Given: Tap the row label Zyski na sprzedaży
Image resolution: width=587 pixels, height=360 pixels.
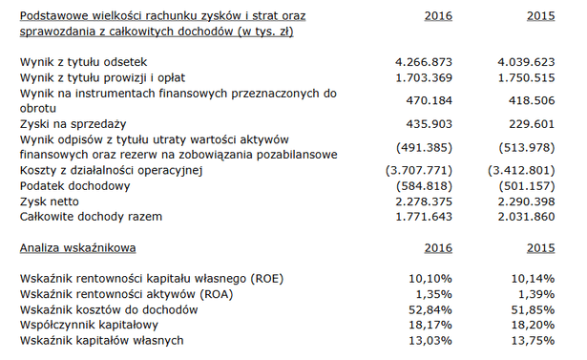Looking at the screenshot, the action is [x=72, y=124].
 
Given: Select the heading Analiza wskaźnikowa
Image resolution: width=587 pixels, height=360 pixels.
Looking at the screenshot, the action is [x=77, y=248].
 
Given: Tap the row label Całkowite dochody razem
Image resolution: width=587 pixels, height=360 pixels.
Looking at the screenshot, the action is [x=91, y=217].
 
